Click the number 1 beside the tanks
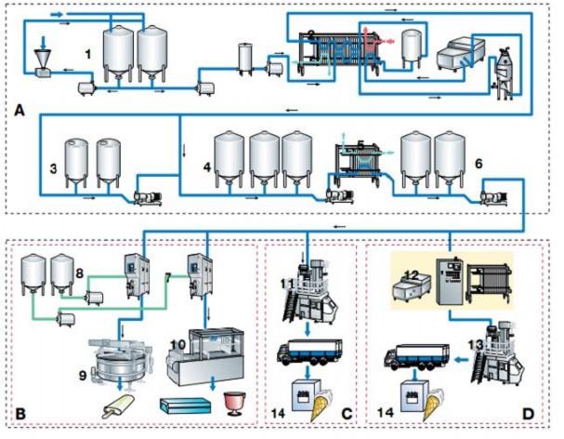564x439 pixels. (89, 54)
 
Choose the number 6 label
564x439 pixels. (478, 163)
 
